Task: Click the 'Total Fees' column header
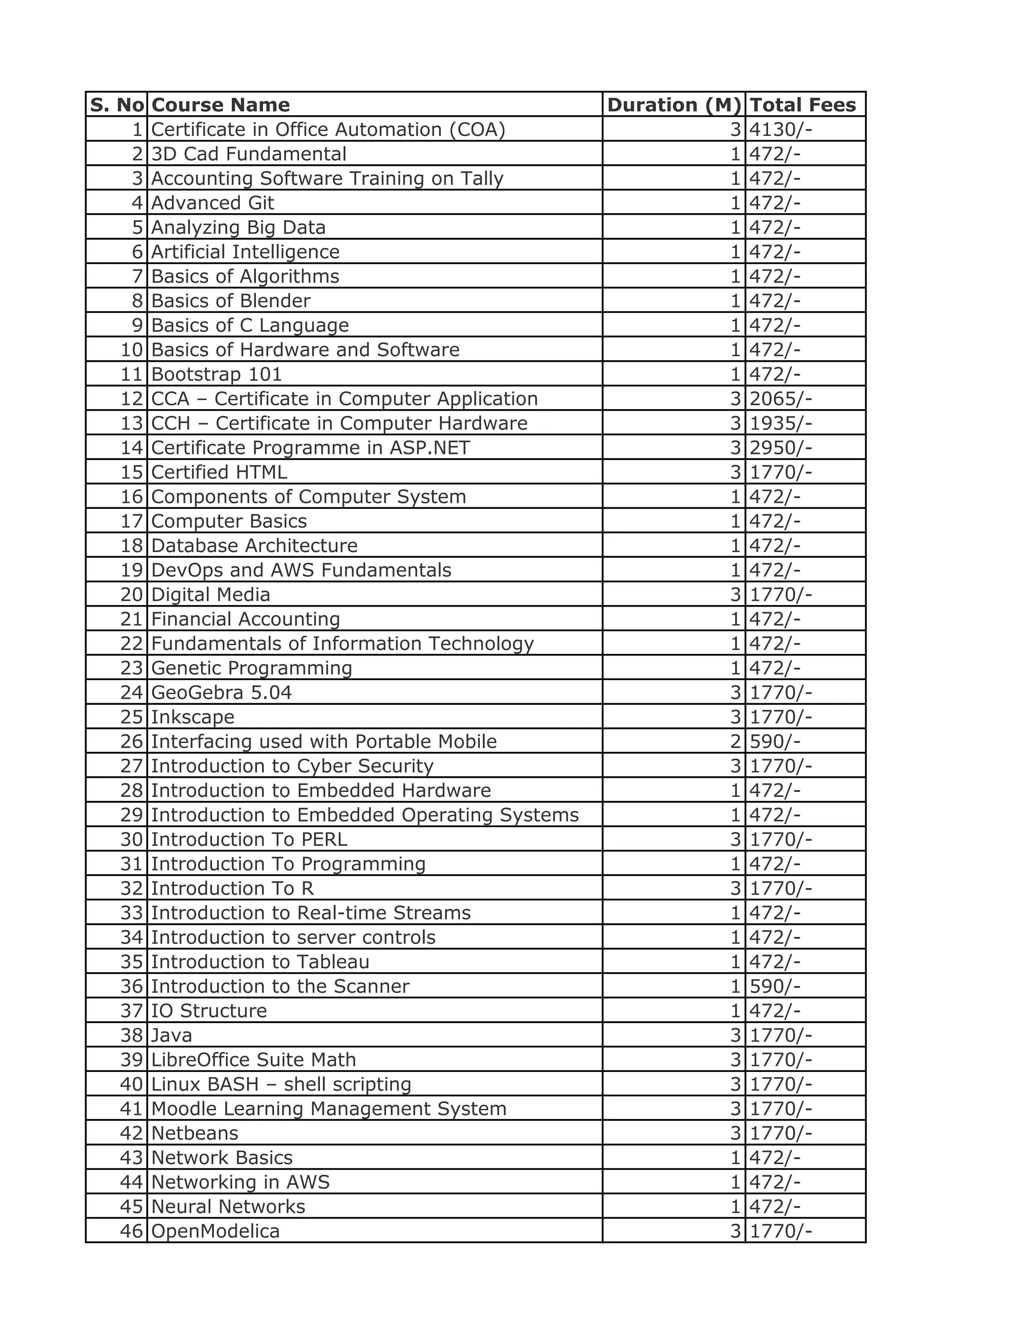(x=802, y=104)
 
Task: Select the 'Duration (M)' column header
(x=674, y=104)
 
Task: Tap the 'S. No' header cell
(x=117, y=104)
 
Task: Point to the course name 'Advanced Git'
(x=212, y=203)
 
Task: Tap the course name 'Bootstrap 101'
(x=216, y=374)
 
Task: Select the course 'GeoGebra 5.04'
(x=221, y=693)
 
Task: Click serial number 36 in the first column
(x=132, y=986)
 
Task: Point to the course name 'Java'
(x=171, y=1035)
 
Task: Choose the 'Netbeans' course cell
(x=195, y=1132)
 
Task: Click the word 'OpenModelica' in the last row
(x=215, y=1231)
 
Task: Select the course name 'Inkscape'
(x=192, y=717)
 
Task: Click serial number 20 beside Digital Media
(x=132, y=594)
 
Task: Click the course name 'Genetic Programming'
(x=251, y=668)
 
